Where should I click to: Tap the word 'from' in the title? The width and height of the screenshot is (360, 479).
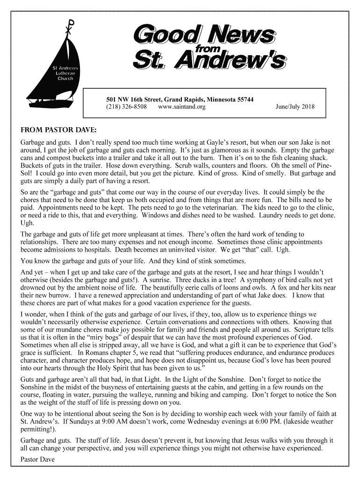point(207,48)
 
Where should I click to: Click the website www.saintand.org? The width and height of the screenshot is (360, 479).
point(182,107)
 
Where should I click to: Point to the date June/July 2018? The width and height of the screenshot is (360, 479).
point(295,107)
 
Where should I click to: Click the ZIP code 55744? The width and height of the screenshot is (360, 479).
point(245,99)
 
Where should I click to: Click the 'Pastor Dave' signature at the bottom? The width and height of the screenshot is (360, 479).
point(37,460)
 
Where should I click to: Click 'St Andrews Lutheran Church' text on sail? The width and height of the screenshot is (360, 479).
point(65,73)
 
